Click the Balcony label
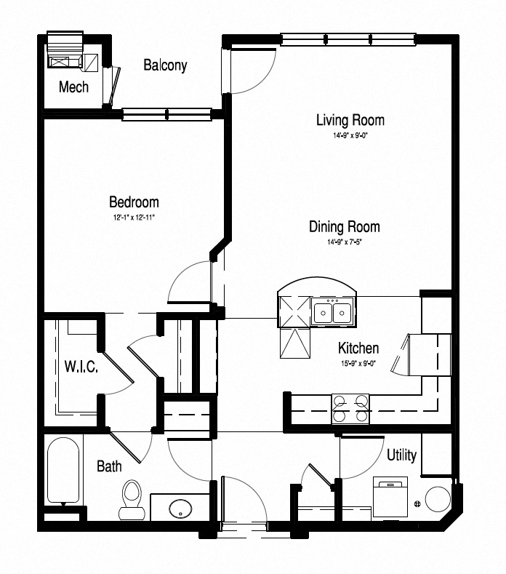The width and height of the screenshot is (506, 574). (x=165, y=65)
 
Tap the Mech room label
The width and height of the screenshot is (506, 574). (x=73, y=87)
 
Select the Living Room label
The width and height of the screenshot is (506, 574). (x=350, y=120)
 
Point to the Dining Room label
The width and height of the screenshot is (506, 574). (x=344, y=227)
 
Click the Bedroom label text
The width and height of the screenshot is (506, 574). (x=134, y=202)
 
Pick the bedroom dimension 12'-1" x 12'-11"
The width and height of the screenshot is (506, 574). (x=134, y=217)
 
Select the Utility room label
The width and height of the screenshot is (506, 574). (x=401, y=455)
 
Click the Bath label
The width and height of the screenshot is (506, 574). (x=109, y=466)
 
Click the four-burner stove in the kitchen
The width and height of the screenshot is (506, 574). (x=350, y=409)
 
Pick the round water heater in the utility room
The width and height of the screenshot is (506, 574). (x=438, y=500)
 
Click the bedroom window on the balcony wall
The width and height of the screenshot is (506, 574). (x=167, y=113)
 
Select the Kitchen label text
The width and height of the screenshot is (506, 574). (x=358, y=348)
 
